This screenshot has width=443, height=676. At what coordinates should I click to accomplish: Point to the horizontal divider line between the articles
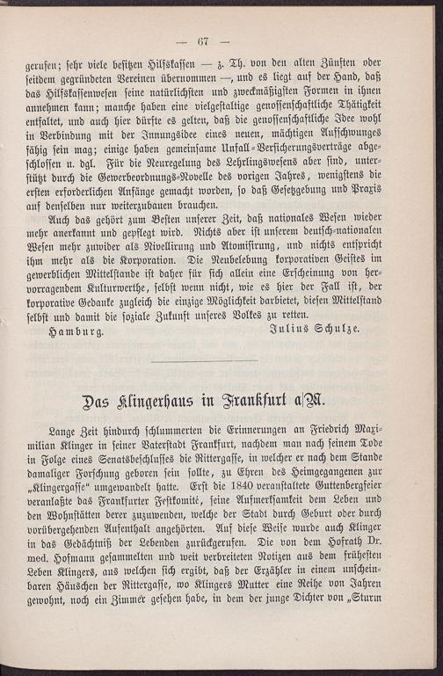[203, 360]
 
